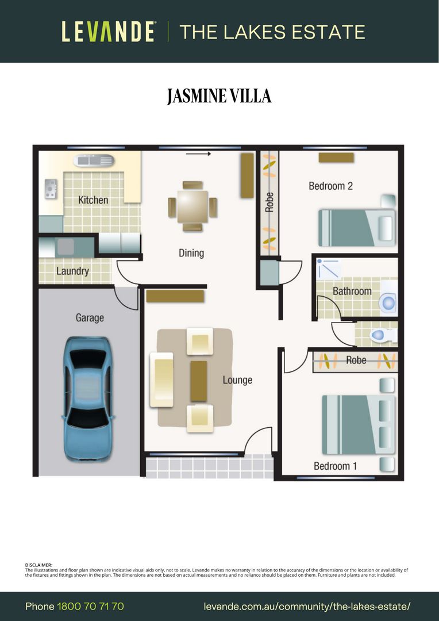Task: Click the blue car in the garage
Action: point(87,399)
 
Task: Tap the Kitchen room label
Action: point(93,200)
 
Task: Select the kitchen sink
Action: point(94,160)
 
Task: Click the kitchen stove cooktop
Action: point(51,189)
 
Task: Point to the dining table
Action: point(192,206)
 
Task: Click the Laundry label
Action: point(72,271)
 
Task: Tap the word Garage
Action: point(90,317)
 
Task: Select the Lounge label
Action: point(237,380)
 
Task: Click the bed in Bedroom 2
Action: point(357,228)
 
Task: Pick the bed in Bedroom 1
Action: point(358,424)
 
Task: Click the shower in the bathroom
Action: point(329,269)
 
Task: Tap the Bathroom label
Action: point(352,292)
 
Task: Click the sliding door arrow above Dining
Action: point(198,154)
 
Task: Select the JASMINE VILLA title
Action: point(219,96)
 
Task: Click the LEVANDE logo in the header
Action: point(108,32)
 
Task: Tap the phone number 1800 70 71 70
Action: point(91,607)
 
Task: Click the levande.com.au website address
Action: point(307,607)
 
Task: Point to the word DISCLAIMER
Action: point(38,565)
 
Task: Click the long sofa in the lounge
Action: point(161,380)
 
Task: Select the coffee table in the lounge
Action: point(199,381)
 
